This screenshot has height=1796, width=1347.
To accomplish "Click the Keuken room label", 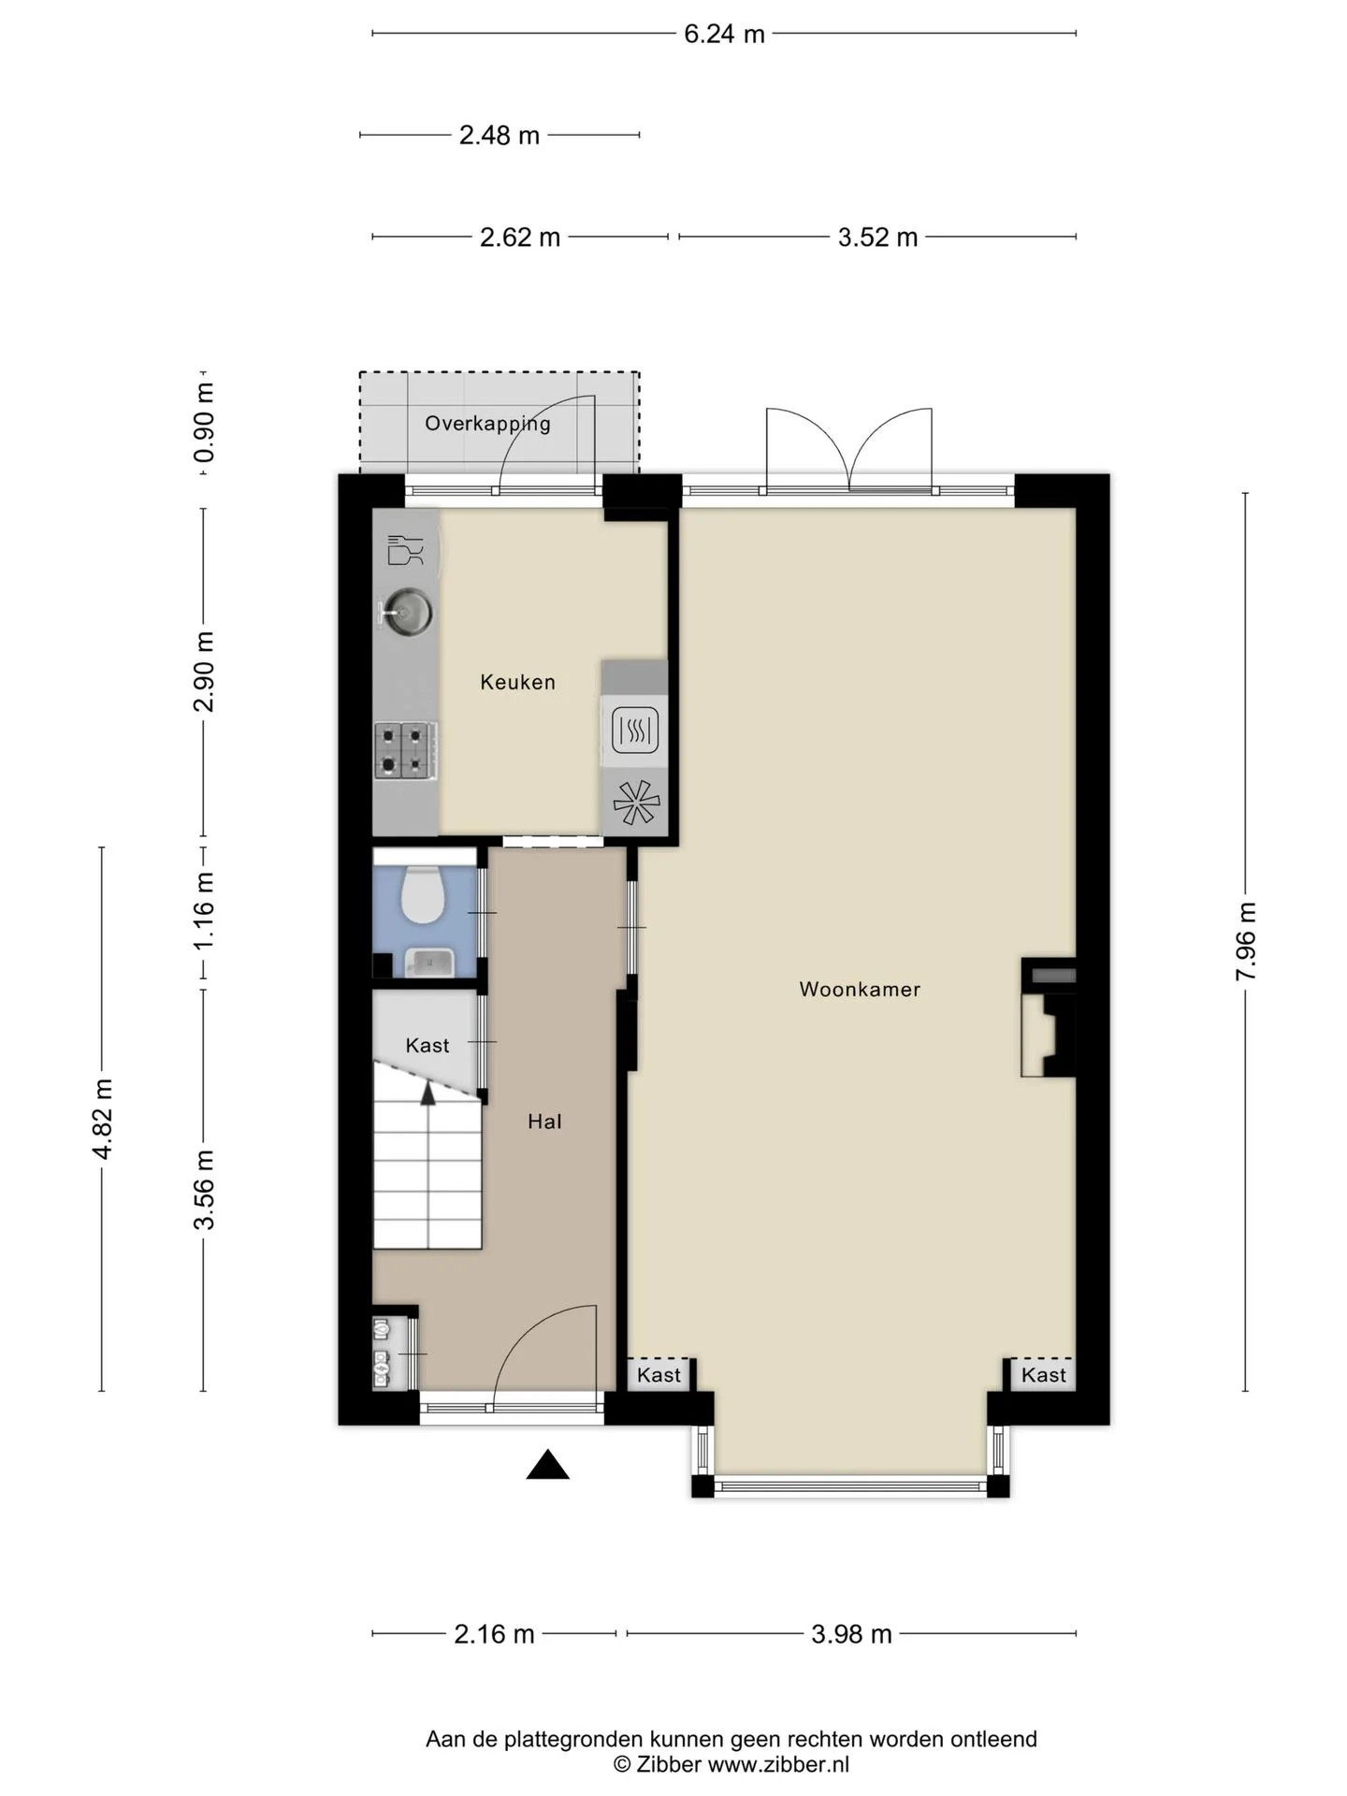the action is click(x=517, y=682).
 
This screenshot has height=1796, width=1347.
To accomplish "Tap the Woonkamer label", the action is click(x=860, y=989).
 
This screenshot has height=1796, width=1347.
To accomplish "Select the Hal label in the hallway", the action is click(x=544, y=1121).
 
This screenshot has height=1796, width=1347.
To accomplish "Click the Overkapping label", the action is click(x=487, y=424).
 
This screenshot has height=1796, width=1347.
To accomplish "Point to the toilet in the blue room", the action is click(x=422, y=894).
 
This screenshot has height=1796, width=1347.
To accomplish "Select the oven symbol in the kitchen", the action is click(x=635, y=730).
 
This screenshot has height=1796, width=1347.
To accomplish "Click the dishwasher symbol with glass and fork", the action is click(x=406, y=549).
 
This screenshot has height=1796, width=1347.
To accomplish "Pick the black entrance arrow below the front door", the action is click(x=548, y=1465).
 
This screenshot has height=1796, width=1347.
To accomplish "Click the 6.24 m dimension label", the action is click(x=724, y=35).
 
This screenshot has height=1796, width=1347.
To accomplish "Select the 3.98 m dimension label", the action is click(x=851, y=1634).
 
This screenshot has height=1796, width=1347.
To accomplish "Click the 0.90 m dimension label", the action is click(x=204, y=423).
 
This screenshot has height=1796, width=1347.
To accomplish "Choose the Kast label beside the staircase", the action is click(x=427, y=1045).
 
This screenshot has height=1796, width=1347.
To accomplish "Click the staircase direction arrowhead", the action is click(x=427, y=1093).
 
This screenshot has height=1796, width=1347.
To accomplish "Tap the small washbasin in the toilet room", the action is click(x=429, y=963).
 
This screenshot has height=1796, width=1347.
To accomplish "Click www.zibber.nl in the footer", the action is click(x=778, y=1764).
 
